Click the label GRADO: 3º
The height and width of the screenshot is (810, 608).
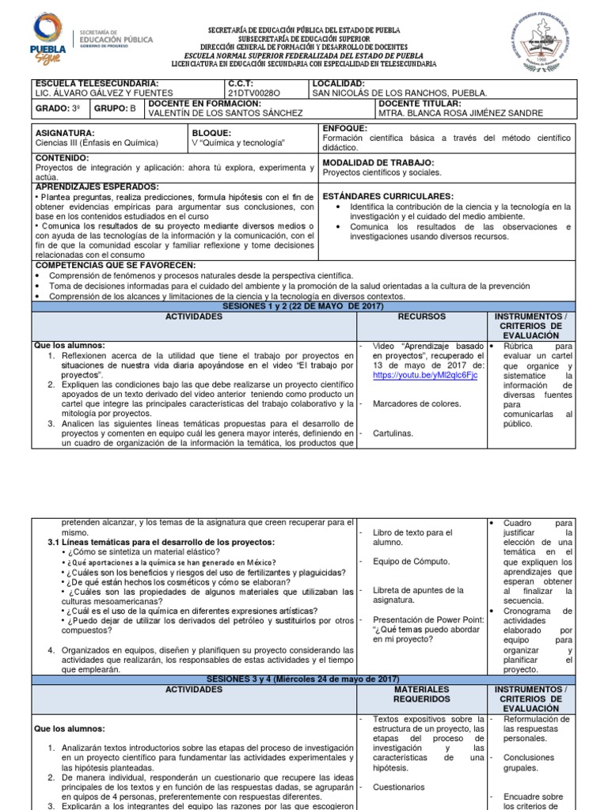point(55,108)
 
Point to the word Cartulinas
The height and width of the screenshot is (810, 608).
point(392,433)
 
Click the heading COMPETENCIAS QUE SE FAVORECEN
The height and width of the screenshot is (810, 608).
point(115,265)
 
